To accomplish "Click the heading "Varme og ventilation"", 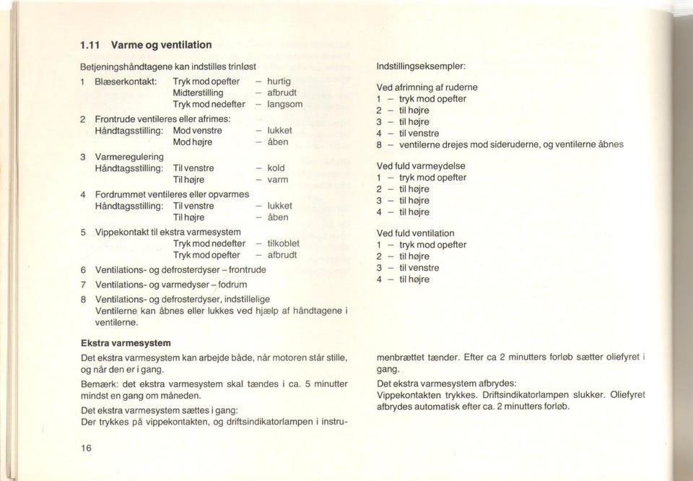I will click(x=151, y=45).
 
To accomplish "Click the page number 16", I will click(x=87, y=448).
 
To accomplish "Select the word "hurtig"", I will click(x=279, y=82).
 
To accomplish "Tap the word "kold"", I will click(x=276, y=168).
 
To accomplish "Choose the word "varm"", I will click(x=278, y=179).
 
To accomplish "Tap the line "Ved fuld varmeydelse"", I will click(x=421, y=165).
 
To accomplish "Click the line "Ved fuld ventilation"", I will click(x=416, y=233).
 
